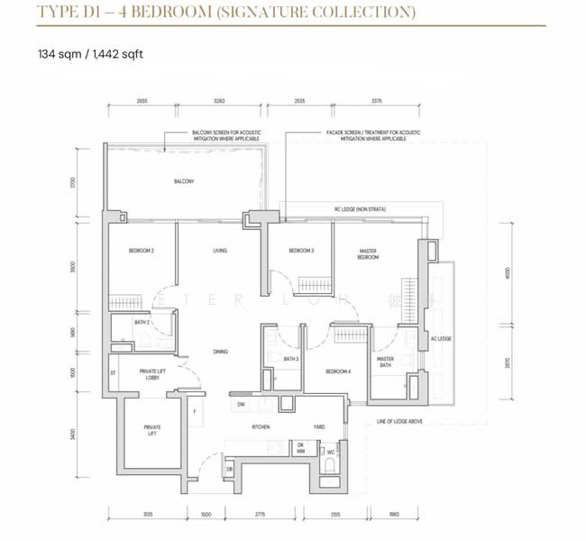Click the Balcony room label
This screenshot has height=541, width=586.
click(x=184, y=181)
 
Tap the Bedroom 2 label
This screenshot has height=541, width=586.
click(x=140, y=251)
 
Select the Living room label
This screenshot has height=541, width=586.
click(x=219, y=251)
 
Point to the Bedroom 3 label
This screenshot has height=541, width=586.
click(x=300, y=251)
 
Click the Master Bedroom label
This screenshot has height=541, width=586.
click(x=367, y=254)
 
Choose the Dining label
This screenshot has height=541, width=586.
click(x=220, y=352)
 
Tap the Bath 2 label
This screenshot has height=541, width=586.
click(x=141, y=322)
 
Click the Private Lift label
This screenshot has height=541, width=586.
click(x=151, y=431)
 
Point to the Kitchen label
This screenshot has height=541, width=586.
click(x=261, y=426)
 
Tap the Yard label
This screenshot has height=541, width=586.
click(x=319, y=426)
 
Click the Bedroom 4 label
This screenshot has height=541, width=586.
click(x=337, y=371)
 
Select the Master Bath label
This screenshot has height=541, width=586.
click(x=385, y=362)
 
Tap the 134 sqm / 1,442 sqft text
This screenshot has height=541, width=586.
click(x=90, y=54)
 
